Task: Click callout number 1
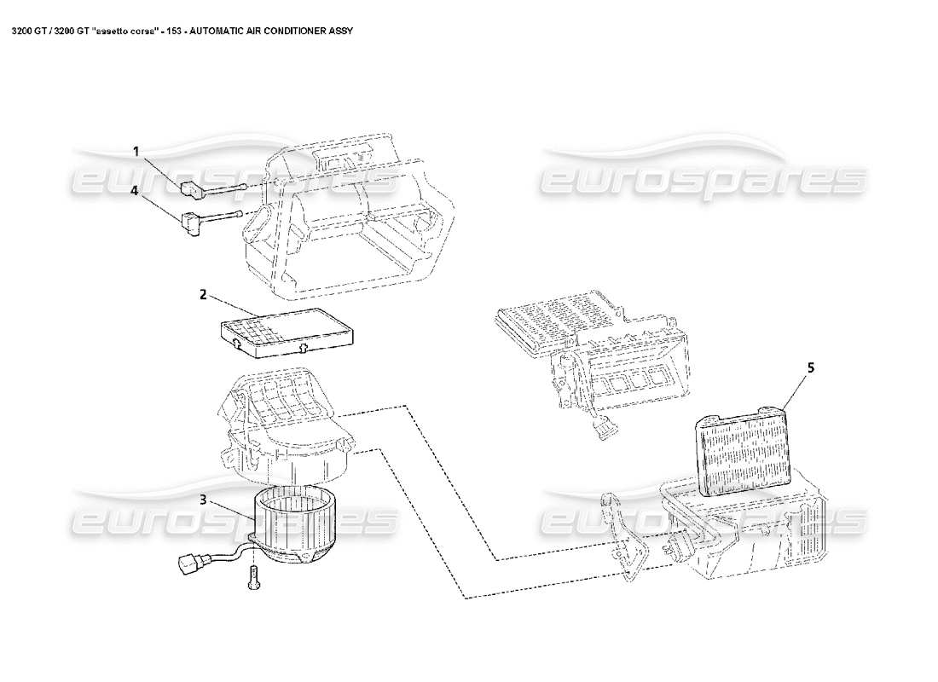click(136, 152)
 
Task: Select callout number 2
click(203, 295)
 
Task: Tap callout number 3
click(203, 500)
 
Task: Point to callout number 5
click(811, 367)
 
